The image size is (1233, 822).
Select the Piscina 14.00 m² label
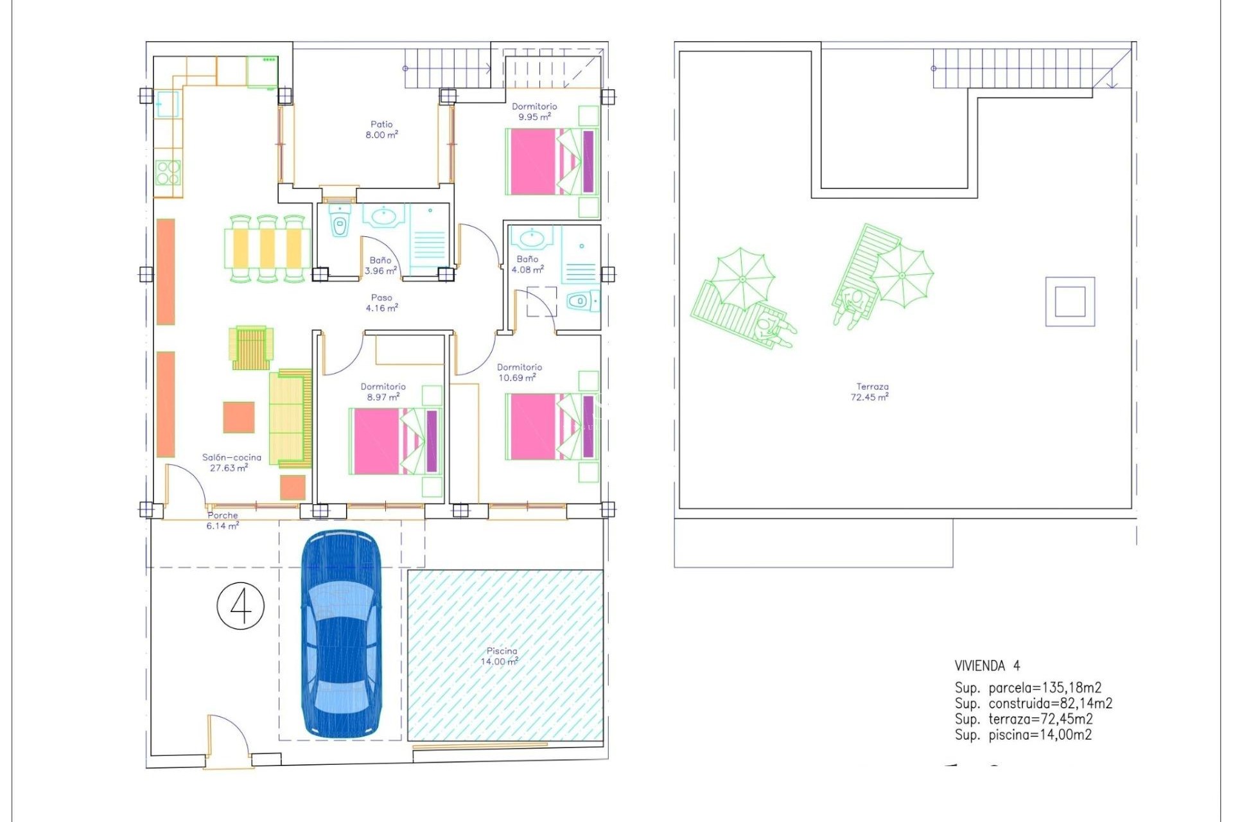500,656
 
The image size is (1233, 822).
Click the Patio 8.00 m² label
381,129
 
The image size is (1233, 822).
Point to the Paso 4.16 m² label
381,302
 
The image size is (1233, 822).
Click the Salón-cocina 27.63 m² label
231,462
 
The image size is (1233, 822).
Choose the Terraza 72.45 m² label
871,392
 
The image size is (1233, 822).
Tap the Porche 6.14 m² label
222,520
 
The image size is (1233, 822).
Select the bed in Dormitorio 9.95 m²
552,161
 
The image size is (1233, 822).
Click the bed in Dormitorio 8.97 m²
395,441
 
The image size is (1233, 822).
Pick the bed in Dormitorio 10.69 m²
552,426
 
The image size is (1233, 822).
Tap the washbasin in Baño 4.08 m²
532,238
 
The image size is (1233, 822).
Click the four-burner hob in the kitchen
168,172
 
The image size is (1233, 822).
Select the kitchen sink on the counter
167,104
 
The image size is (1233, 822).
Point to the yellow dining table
267,249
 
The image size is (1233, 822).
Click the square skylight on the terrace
1070,301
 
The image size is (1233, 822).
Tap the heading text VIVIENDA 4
987,666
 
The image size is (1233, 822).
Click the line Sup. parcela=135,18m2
1027,688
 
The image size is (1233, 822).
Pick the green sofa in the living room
290,418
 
